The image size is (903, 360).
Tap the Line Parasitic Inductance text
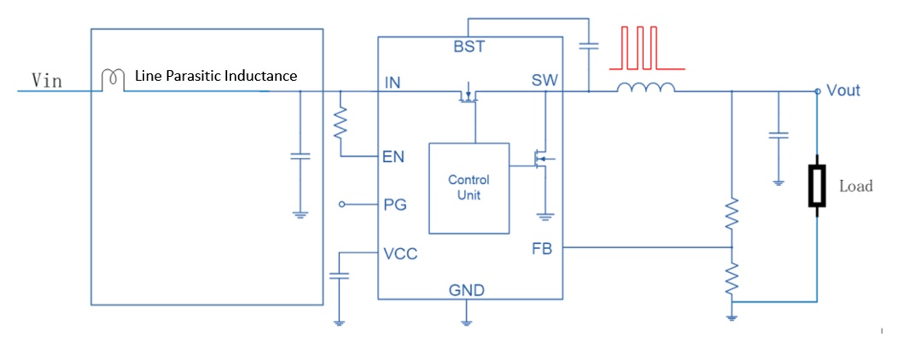click(x=216, y=75)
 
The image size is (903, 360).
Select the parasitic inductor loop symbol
click(x=113, y=80)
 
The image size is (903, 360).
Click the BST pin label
click(x=469, y=47)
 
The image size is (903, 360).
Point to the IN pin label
click(x=392, y=83)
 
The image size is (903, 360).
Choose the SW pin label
click(x=545, y=81)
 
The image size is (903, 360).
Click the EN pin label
click(x=393, y=156)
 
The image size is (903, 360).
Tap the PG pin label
click(x=394, y=205)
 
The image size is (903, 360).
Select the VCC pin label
click(x=400, y=253)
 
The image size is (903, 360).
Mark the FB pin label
click(x=543, y=249)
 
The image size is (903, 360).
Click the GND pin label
click(x=467, y=290)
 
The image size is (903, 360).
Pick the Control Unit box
click(x=469, y=189)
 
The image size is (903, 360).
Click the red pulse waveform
click(x=645, y=48)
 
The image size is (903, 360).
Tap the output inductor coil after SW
click(x=645, y=87)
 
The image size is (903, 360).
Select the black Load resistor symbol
click(x=817, y=185)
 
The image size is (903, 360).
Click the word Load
click(x=856, y=186)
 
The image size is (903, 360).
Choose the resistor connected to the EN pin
click(x=341, y=122)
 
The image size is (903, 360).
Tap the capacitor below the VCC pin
click(x=339, y=276)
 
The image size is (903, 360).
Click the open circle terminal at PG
click(x=342, y=205)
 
